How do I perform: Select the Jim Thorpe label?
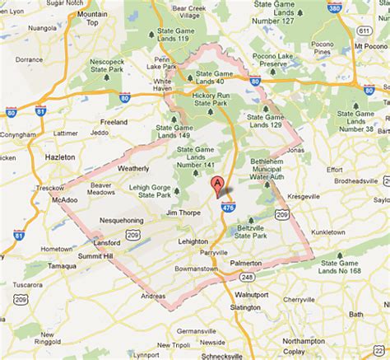[183, 213]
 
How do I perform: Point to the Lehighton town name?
[193, 241]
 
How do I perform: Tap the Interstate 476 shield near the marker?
[227, 208]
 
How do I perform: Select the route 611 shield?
[364, 31]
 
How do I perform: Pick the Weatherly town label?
[133, 168]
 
